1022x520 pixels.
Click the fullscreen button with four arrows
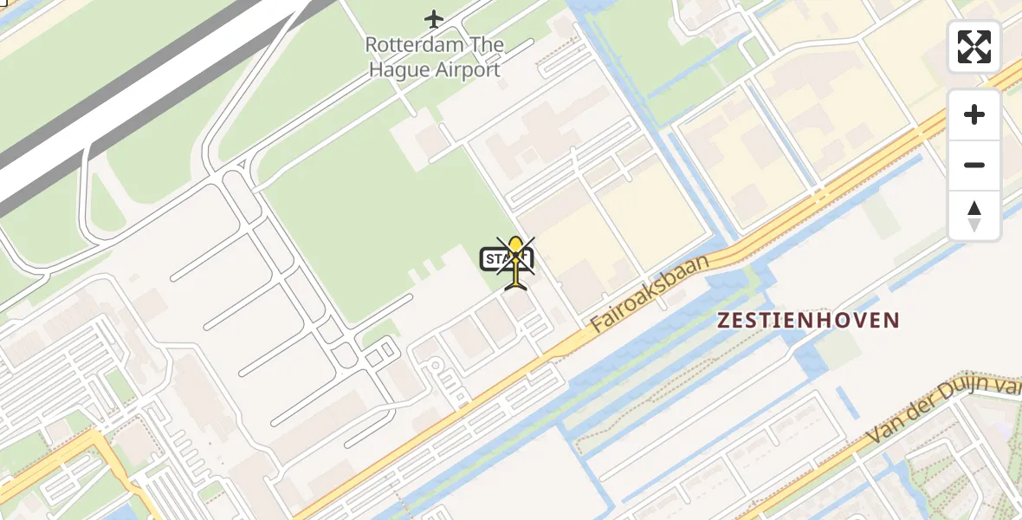[974, 47]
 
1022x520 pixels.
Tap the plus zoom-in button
[974, 114]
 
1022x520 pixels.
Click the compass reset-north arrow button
[974, 216]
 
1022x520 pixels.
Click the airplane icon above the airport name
[434, 18]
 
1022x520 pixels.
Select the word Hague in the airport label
[397, 70]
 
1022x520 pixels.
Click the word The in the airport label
[482, 44]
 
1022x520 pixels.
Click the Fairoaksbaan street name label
[650, 292]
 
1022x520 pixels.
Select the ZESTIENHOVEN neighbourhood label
[809, 321]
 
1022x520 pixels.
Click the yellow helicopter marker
[516, 260]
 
